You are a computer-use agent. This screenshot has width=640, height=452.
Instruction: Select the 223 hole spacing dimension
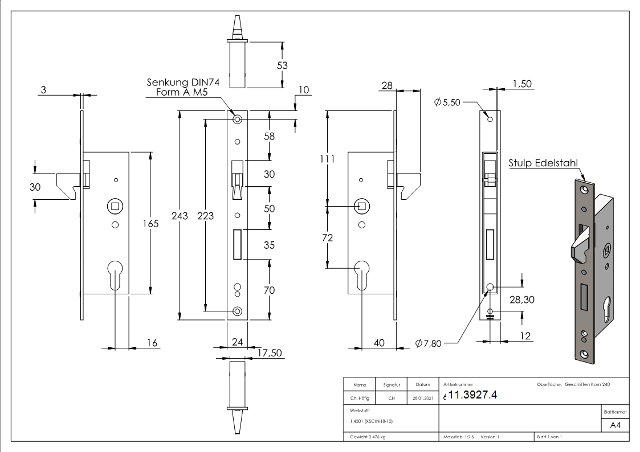point(206,215)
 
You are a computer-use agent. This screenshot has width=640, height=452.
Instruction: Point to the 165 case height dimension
point(150,223)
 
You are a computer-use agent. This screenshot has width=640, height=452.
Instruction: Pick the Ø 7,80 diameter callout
point(429,343)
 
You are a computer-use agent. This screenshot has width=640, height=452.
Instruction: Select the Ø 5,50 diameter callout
point(447,102)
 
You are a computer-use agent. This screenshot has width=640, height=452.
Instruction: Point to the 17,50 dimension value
point(269,353)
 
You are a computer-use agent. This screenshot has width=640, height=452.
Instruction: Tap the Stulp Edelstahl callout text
point(543,164)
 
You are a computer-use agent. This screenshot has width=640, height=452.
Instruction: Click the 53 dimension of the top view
point(282,65)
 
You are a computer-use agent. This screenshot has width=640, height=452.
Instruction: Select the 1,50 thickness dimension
point(523,84)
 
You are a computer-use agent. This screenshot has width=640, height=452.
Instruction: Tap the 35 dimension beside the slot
point(269,246)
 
